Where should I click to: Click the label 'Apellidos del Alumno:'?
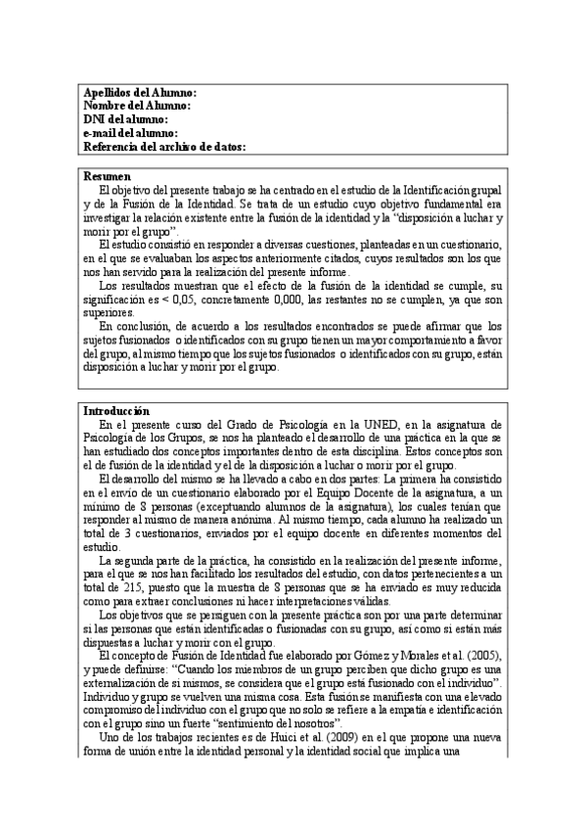click(140, 91)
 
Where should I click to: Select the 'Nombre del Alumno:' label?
click(136, 105)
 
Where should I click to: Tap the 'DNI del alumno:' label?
click(126, 118)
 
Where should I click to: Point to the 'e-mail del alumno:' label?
click(130, 133)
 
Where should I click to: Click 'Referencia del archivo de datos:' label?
click(163, 147)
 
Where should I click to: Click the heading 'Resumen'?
click(107, 175)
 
